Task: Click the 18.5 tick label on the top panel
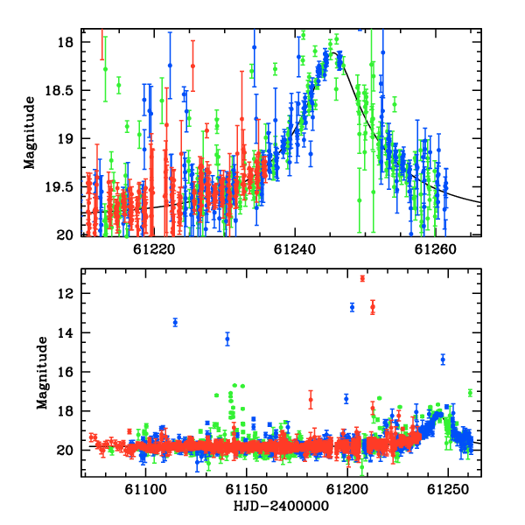pos(59,90)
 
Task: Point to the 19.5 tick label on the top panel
pos(59,187)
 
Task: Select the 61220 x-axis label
pos(154,249)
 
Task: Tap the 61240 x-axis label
pos(295,249)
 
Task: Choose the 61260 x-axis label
pos(435,249)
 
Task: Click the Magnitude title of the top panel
pos(30,133)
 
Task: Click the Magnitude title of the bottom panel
pos(42,373)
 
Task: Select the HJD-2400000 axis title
pos(281,506)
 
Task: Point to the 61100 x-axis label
pos(145,490)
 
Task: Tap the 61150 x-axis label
pos(247,490)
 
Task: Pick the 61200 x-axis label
pos(347,490)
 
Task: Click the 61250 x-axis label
pos(448,490)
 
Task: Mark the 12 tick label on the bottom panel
pos(66,294)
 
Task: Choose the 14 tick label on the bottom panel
pos(66,332)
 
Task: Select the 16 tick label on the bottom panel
pos(66,372)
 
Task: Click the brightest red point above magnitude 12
pos(362,278)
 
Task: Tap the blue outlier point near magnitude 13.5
pos(175,322)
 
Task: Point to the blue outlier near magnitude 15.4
pos(443,360)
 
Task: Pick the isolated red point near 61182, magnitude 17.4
pos(311,400)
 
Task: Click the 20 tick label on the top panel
pos(66,235)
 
